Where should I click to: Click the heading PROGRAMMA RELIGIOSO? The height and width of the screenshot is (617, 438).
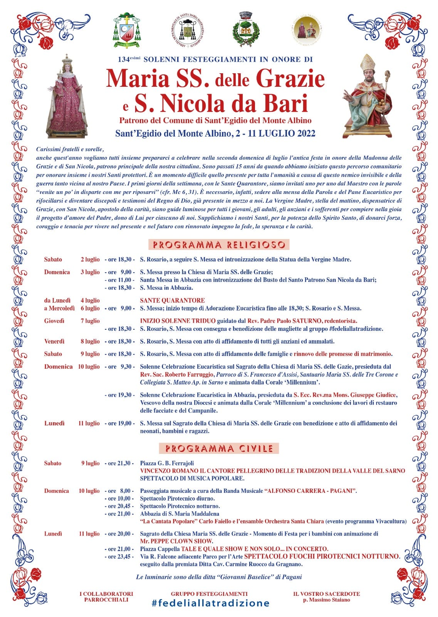[x=219, y=245]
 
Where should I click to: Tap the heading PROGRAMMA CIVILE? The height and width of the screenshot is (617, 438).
[x=219, y=448]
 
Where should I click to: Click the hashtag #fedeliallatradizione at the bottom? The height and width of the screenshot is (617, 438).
[x=210, y=603]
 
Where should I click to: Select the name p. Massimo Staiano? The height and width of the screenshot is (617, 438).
[x=326, y=600]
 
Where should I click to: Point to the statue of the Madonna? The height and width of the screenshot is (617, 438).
[x=67, y=96]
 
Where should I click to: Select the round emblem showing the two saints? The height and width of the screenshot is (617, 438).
[x=307, y=30]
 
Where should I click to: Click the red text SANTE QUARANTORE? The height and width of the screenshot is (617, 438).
[x=172, y=300]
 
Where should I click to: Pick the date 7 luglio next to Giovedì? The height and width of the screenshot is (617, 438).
[x=90, y=321]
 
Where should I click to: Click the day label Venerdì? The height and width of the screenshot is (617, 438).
[x=54, y=341]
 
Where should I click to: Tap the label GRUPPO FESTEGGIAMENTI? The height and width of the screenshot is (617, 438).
[x=209, y=594]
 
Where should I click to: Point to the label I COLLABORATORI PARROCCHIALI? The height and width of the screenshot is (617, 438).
[x=106, y=597]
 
